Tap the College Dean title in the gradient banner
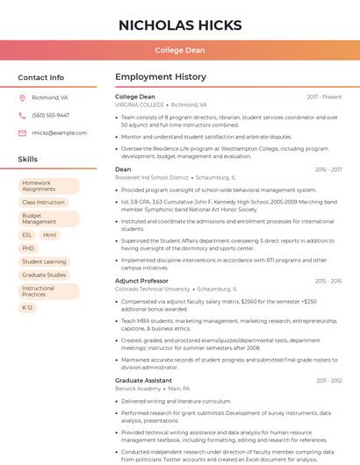click(x=180, y=51)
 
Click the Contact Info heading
click(x=41, y=77)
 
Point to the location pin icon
click(x=22, y=98)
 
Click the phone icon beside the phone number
click(x=22, y=115)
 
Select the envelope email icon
click(x=22, y=132)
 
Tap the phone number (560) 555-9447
click(x=50, y=115)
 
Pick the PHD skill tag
click(x=29, y=248)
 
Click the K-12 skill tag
click(x=28, y=308)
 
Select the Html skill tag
click(x=49, y=235)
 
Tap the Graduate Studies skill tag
click(x=44, y=275)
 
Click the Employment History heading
click(x=160, y=77)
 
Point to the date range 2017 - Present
click(x=324, y=97)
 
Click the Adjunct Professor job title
click(x=141, y=281)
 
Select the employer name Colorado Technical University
click(x=152, y=289)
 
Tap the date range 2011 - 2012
click(x=329, y=381)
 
